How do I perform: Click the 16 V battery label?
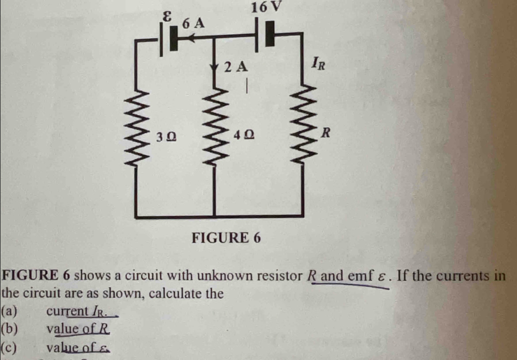point(266,8)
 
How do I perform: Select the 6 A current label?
point(194,23)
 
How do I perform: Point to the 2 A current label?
point(235,67)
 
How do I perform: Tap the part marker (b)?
point(9,329)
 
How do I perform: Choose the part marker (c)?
point(9,347)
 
